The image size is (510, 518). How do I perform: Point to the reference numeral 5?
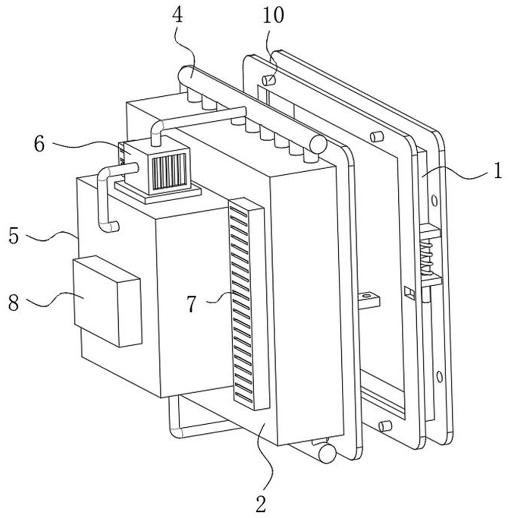pos(14,235)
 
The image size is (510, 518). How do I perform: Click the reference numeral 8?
pos(14,303)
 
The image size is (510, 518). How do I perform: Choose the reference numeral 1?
pos(497,172)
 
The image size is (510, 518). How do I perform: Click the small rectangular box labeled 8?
pos(107,301)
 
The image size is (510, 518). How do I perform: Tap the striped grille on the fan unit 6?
pos(169,171)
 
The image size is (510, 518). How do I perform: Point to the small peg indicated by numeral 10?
pos(269,80)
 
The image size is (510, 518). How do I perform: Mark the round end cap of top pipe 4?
pos(318,144)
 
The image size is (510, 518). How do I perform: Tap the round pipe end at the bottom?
pos(327,454)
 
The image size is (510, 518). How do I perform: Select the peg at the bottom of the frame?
pos(385,426)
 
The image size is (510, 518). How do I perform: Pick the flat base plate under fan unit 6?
pos(157,195)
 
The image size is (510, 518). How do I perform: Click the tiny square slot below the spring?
pos(410,292)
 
